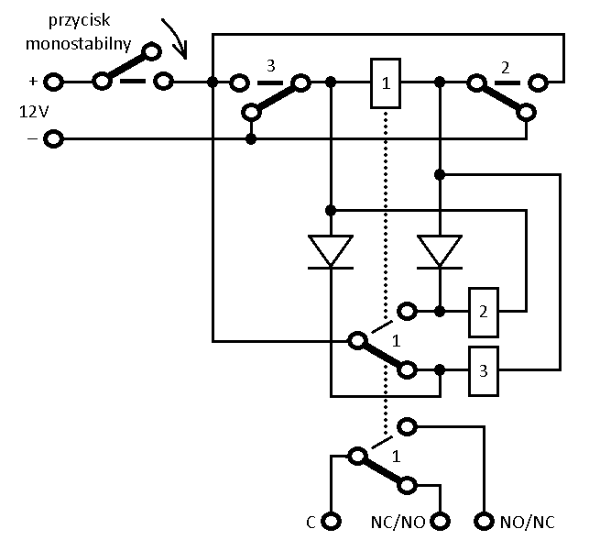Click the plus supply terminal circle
tap(53, 82)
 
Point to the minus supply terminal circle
tap(53, 138)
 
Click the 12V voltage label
tap(34, 112)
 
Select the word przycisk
tap(79, 20)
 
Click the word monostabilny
tap(78, 44)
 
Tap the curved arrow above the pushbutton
tap(177, 37)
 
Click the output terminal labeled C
tap(331, 521)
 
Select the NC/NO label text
tap(398, 522)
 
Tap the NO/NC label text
tap(528, 522)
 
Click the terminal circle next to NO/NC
tap(484, 521)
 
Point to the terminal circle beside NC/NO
tap(440, 521)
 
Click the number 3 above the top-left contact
tap(270, 66)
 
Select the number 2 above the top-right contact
tap(505, 68)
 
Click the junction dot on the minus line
tap(251, 139)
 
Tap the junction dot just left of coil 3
tap(440, 370)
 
